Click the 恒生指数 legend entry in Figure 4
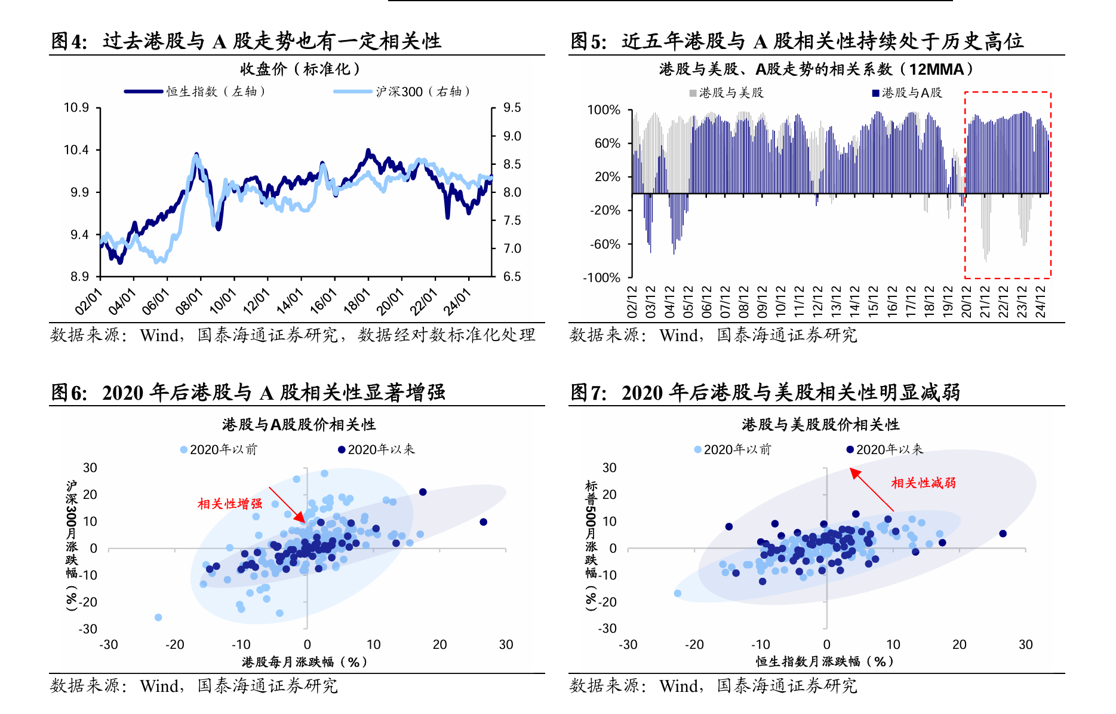(195, 91)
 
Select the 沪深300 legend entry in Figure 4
(402, 91)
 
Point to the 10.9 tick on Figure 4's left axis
(76, 108)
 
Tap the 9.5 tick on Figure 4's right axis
(512, 108)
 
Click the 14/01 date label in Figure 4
(290, 301)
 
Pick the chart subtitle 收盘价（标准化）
(300, 69)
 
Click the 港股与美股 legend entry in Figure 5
(727, 93)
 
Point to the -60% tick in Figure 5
(605, 244)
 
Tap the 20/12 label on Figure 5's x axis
(966, 301)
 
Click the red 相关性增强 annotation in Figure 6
(230, 504)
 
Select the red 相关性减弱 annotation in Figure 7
(923, 483)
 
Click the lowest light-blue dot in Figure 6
(158, 617)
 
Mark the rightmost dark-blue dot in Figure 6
(484, 522)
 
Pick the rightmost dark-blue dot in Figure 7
(1003, 534)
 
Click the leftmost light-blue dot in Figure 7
(678, 593)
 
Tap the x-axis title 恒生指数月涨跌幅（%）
(825, 661)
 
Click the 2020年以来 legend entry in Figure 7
(886, 449)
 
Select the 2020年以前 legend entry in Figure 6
(219, 449)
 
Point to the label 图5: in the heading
(589, 41)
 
